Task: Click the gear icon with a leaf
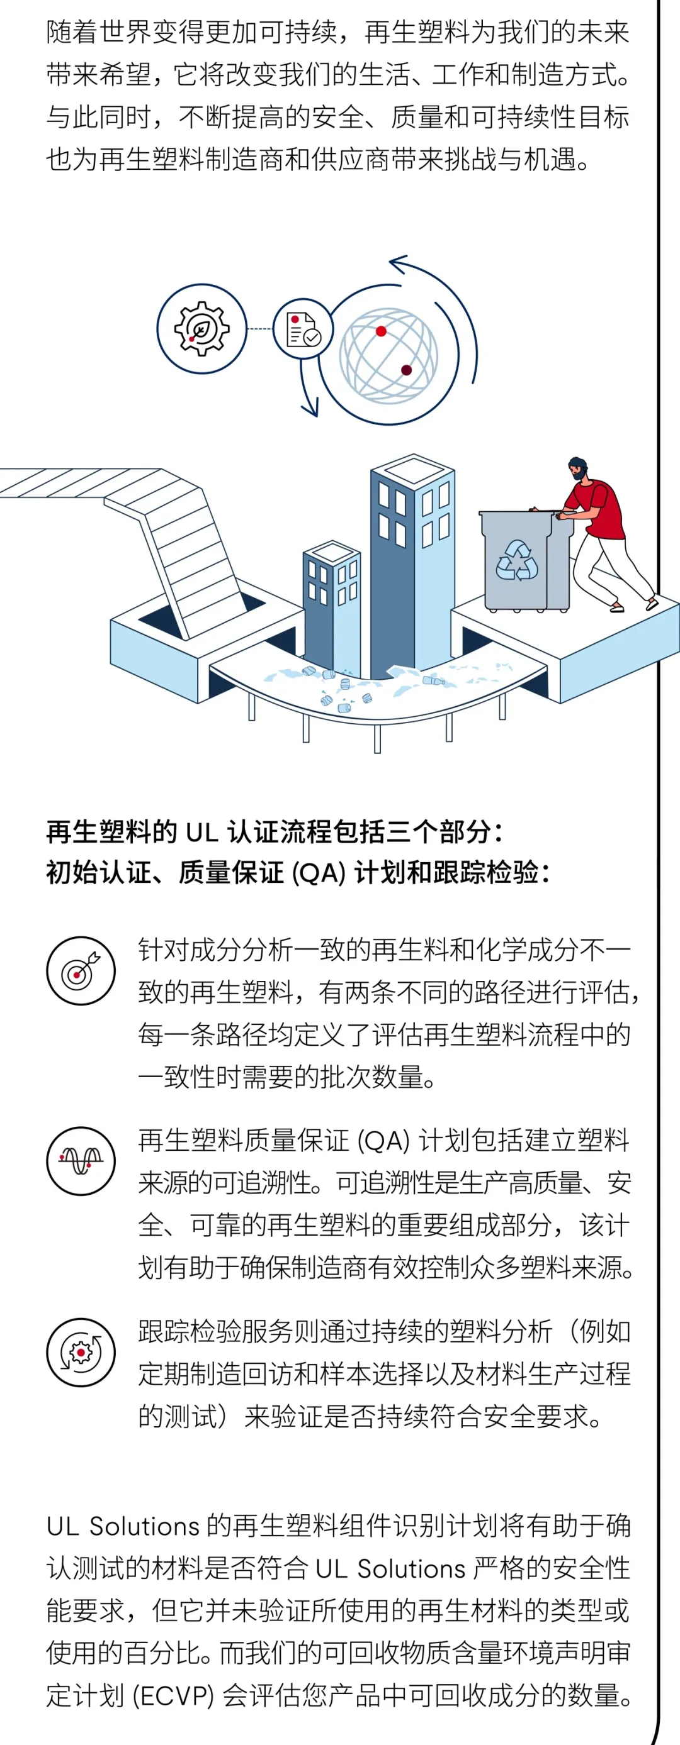tap(201, 328)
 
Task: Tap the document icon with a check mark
tap(303, 330)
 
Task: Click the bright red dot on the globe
tap(381, 331)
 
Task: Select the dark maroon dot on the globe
tap(406, 370)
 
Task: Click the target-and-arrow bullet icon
tap(81, 971)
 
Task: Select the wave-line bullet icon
tap(81, 1161)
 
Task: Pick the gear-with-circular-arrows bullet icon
tap(81, 1352)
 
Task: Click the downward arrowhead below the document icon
tap(311, 409)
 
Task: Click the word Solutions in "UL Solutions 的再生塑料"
tap(144, 1526)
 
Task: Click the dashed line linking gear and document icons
tap(259, 330)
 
